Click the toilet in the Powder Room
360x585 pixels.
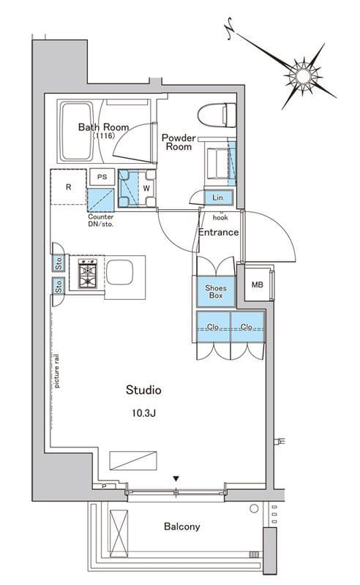[217, 115]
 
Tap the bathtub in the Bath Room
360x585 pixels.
[77, 131]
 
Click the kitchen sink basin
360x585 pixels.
[119, 272]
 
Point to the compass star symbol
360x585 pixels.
[303, 76]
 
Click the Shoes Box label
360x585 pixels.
[215, 291]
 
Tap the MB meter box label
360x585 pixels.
[257, 284]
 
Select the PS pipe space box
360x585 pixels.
[102, 177]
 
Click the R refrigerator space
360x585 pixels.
[68, 187]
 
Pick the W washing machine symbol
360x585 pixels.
[138, 189]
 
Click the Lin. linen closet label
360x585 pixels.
[218, 197]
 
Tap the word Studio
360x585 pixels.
[143, 390]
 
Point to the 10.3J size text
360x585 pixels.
[143, 413]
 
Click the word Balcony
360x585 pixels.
[182, 526]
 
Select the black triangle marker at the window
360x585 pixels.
[176, 478]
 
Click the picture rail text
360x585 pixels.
[57, 371]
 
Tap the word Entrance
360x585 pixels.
[218, 232]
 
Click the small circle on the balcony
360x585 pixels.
[254, 508]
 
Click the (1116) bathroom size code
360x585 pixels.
[103, 136]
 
